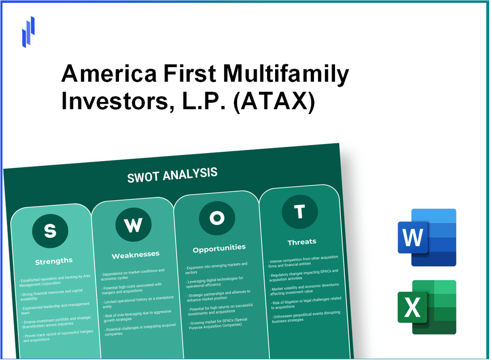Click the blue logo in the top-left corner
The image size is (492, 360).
28,31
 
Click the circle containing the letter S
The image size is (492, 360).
50,231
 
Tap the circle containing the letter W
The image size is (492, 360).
133,225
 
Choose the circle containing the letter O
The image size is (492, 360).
217,218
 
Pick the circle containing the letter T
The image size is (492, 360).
300,211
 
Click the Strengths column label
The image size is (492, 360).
53,261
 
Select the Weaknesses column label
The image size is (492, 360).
136,254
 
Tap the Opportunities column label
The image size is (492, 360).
219,247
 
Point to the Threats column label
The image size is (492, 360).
302,241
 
